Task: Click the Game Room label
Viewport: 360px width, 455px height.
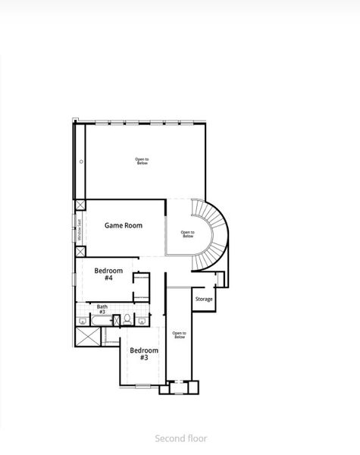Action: [124, 225]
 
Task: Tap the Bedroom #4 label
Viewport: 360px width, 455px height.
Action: [104, 274]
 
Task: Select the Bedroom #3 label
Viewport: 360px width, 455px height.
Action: [143, 354]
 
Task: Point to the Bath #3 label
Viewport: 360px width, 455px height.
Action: [102, 309]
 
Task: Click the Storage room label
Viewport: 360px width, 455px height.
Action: [204, 299]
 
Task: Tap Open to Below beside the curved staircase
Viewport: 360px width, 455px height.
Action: [188, 234]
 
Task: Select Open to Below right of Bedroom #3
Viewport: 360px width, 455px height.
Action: [179, 334]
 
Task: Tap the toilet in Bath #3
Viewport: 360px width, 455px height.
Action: [127, 319]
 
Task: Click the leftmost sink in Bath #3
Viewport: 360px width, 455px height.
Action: [81, 320]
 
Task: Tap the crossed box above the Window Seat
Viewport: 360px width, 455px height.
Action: [80, 205]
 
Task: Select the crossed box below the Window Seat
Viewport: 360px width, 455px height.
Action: [80, 252]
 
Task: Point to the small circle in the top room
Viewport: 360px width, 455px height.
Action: [80, 162]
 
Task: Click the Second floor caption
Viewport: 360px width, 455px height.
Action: [180, 438]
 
